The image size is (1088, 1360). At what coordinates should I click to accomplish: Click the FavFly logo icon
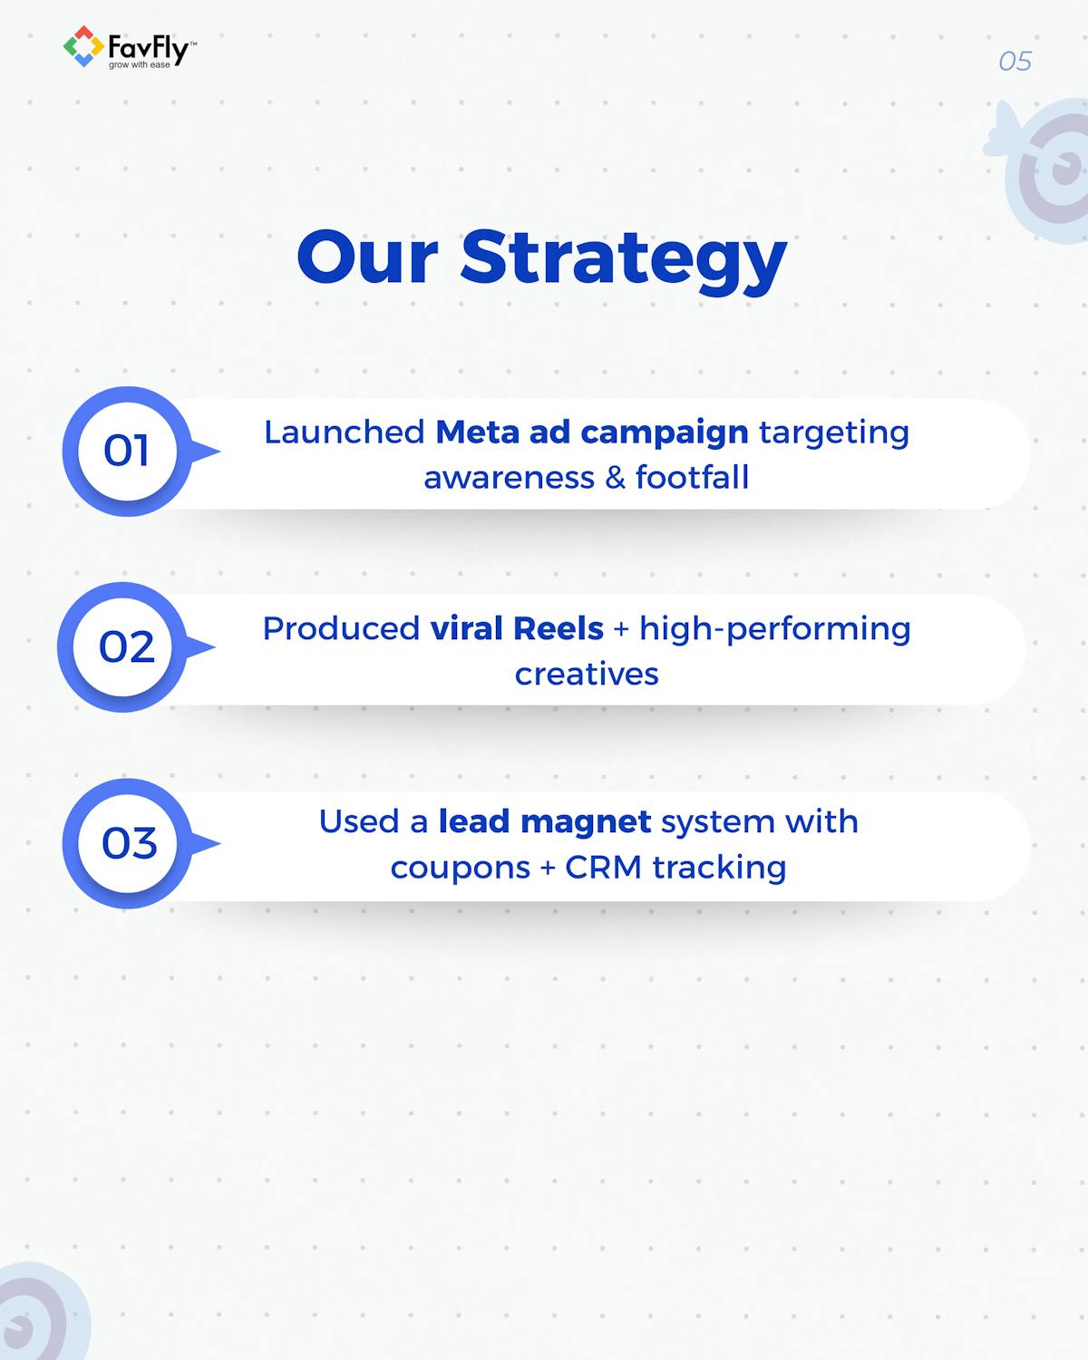(83, 47)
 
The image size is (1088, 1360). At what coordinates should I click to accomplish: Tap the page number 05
(1015, 62)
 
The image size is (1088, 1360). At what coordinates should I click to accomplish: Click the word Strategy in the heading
(623, 258)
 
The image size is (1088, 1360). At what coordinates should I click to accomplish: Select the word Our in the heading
(367, 258)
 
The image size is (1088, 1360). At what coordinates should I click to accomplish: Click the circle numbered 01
(127, 451)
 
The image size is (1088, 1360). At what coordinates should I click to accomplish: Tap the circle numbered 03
(128, 843)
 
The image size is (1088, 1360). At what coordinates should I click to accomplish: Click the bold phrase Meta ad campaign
(591, 432)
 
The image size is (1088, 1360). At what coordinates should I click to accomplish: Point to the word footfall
(692, 477)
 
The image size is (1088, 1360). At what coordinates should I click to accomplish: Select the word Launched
(344, 432)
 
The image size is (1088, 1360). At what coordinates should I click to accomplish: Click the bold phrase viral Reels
(516, 628)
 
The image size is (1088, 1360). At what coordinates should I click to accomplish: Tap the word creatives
(587, 674)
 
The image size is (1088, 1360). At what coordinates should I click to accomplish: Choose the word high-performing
(774, 628)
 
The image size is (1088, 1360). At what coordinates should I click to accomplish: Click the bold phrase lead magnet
(544, 821)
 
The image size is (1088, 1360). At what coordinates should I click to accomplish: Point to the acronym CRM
(603, 868)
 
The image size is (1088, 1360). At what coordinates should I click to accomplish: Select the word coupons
(460, 868)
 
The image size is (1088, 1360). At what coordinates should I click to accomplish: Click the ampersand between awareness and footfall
(615, 477)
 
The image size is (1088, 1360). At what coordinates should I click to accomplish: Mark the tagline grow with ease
(139, 65)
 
